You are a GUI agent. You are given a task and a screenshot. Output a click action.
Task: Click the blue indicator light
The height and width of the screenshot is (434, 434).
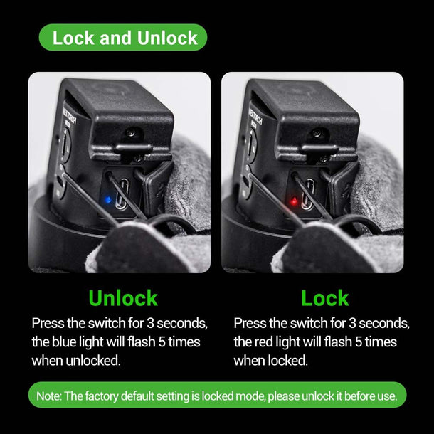tap(107, 199)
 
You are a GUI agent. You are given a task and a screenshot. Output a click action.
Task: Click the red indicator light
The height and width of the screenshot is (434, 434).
tap(295, 201)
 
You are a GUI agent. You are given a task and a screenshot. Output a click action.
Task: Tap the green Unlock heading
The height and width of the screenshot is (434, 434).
tap(123, 298)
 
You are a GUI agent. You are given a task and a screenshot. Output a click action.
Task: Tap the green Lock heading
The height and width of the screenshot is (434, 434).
tap(325, 298)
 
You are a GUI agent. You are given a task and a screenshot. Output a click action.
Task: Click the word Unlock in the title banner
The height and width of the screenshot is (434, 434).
tap(167, 38)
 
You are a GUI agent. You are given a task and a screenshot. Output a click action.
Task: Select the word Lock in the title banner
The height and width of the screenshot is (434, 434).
tap(73, 38)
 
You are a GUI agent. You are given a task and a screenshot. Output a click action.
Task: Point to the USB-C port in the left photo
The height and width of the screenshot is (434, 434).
tap(122, 194)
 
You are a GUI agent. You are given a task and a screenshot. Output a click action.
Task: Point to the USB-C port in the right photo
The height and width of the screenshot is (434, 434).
tap(308, 194)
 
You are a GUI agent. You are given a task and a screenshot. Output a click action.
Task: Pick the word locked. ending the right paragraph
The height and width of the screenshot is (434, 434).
tap(288, 361)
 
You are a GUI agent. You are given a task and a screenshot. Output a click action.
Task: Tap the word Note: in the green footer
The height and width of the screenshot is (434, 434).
tap(48, 396)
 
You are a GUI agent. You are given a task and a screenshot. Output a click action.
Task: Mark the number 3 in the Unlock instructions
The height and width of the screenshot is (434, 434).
tap(150, 323)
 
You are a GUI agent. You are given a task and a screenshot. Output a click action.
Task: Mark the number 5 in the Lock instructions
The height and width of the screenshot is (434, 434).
tap(359, 342)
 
